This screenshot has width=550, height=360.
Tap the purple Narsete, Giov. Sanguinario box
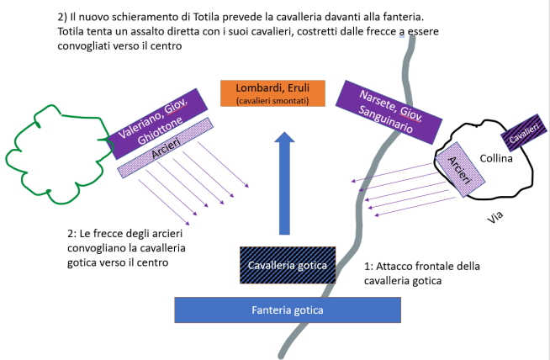coord(389,111)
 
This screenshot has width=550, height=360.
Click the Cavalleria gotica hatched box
coord(288,265)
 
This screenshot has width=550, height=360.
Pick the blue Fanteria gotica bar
coord(286,310)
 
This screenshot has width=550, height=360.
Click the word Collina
coord(496,158)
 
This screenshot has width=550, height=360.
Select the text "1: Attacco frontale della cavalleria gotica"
coord(421,273)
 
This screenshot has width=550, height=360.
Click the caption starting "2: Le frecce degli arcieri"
coord(126,247)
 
